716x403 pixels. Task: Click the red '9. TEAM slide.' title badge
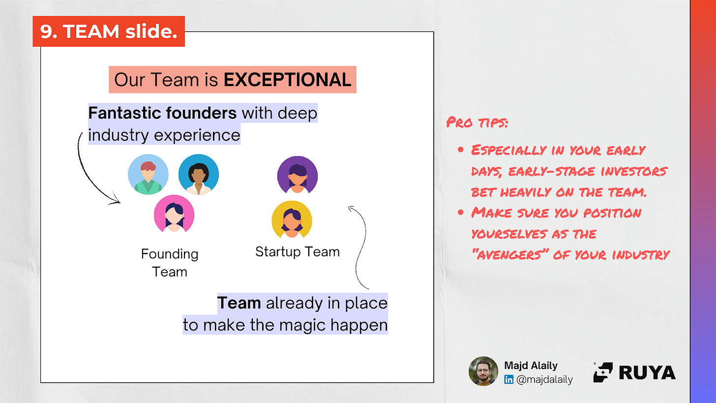pos(109,31)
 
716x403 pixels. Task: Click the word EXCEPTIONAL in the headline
pos(287,80)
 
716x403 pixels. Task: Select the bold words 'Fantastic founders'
pos(162,113)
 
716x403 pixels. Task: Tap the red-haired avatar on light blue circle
pos(148,174)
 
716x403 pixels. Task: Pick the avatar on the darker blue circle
pos(199,174)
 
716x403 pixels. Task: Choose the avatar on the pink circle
pos(174,214)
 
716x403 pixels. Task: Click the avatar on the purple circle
pos(297,175)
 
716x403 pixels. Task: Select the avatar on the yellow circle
pos(292,219)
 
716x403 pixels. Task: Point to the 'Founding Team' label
pos(170,263)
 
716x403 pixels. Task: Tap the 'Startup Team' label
pos(297,252)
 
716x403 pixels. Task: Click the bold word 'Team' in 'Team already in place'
pos(239,303)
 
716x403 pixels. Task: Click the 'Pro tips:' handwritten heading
pos(477,122)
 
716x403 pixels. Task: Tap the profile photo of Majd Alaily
pos(483,371)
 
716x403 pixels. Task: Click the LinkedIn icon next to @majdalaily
pos(508,380)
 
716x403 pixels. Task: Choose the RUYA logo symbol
pos(603,372)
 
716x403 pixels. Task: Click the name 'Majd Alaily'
pos(531,365)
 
